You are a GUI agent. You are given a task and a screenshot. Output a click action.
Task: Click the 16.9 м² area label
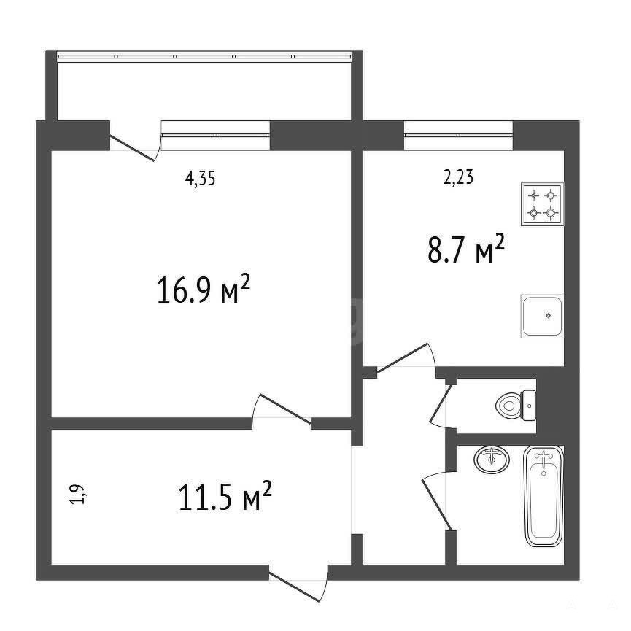click(x=204, y=289)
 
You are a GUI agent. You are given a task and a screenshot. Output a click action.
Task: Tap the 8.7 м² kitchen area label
click(x=466, y=249)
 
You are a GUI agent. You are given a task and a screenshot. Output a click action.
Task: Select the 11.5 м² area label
click(x=225, y=495)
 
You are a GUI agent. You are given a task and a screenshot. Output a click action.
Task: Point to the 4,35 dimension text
click(x=200, y=178)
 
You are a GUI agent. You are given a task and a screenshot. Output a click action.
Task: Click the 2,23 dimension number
click(x=458, y=177)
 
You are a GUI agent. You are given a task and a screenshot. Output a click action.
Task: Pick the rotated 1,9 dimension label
click(x=77, y=494)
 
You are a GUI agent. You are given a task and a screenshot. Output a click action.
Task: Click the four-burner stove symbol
click(x=542, y=204)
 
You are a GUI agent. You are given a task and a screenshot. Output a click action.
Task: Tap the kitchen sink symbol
click(x=542, y=317)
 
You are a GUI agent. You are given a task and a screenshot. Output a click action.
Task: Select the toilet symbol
click(x=516, y=406)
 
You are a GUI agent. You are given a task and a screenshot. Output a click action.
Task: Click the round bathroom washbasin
click(x=492, y=460)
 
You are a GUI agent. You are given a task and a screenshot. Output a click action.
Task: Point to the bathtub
click(x=543, y=496)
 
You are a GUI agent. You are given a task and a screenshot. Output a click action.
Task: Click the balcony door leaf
click(x=132, y=148)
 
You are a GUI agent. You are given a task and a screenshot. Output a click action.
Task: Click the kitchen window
click(x=458, y=136)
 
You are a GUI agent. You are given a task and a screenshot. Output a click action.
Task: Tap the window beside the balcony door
click(x=215, y=136)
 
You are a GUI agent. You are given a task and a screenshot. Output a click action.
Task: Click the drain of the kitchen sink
click(x=548, y=315)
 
